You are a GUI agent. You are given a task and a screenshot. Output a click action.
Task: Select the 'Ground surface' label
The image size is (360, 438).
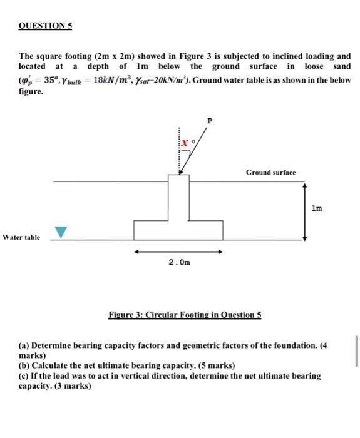coord(270,171)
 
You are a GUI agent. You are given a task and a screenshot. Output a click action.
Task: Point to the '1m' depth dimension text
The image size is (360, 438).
coord(317,209)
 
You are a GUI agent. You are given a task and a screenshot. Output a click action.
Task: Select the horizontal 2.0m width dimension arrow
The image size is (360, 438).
coord(178,252)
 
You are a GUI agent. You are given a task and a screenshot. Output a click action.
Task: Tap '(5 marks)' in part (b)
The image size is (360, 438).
coord(210,365)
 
